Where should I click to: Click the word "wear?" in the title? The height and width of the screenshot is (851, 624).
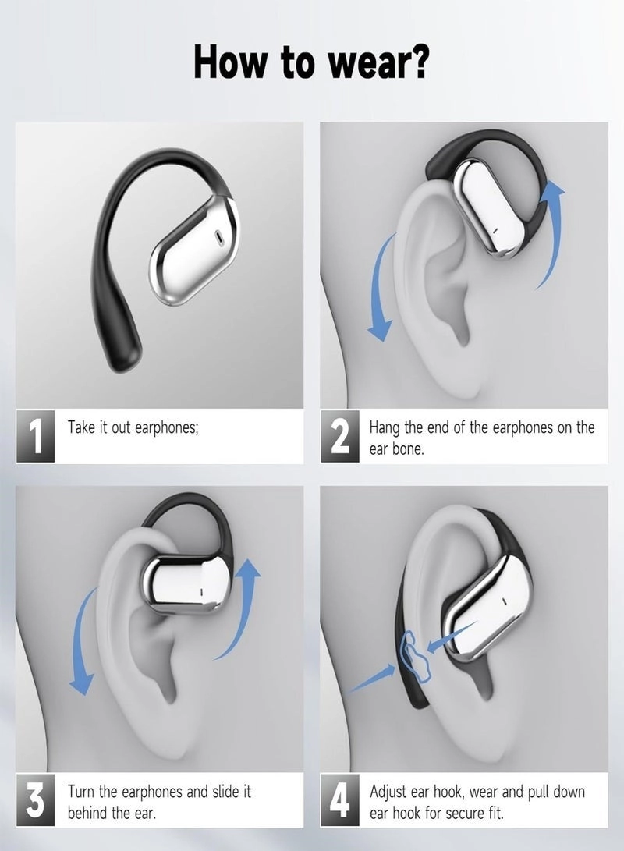378,63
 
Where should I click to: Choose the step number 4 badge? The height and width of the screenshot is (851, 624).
340,801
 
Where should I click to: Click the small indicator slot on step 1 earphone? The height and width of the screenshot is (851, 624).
217,234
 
